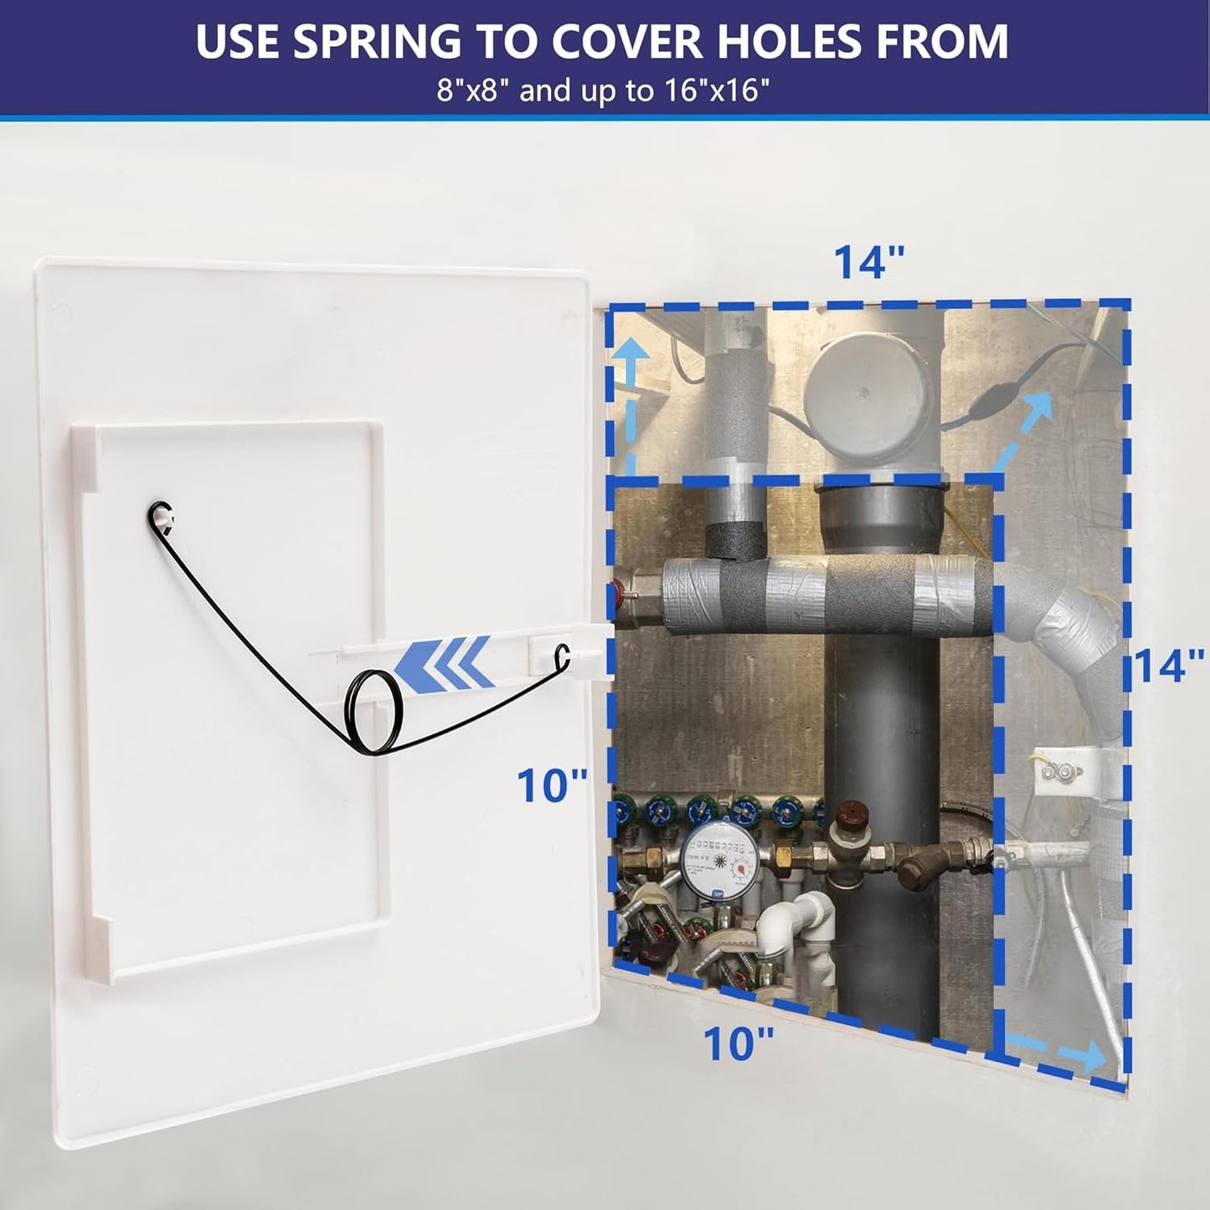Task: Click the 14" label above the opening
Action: point(869,261)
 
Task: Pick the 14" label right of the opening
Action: point(1169,666)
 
